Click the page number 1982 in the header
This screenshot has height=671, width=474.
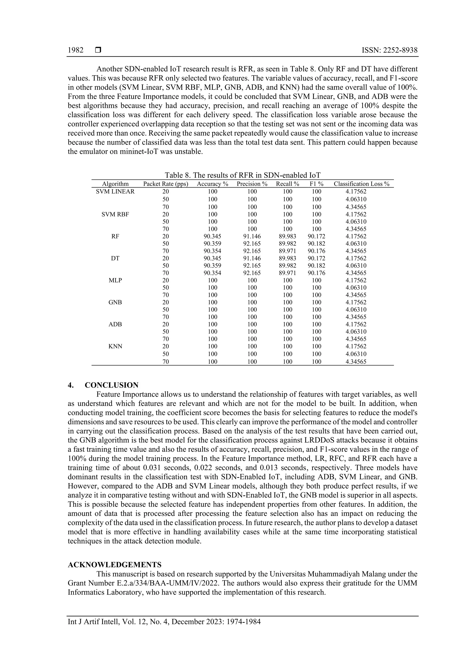pos(76,50)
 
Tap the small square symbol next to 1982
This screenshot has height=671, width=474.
pos(98,50)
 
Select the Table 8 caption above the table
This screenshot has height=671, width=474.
pos(242,175)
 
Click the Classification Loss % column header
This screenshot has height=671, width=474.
pos(362,184)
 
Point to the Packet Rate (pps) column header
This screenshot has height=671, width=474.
pos(165,184)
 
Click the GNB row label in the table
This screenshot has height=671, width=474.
pos(115,302)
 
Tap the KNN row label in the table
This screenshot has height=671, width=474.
pos(115,346)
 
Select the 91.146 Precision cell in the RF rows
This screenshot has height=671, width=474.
pos(252,236)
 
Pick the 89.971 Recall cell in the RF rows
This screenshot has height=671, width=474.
pos(287,251)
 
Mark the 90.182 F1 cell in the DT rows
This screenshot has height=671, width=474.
pos(316,266)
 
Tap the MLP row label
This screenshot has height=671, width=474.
pos(115,280)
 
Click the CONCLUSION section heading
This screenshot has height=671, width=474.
pos(111,385)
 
